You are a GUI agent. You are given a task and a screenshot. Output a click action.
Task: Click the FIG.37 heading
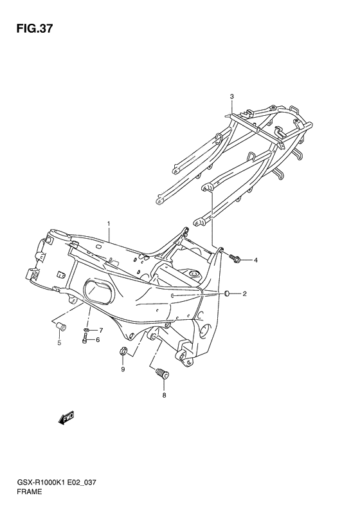pos(34,29)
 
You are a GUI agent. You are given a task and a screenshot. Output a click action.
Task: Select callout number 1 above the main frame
pos(109,224)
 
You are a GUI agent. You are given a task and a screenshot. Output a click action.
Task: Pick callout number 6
pos(101,331)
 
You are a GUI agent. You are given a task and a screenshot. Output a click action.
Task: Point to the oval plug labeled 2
pos(227,294)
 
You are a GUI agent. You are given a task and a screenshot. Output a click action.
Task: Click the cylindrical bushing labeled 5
pos(61,326)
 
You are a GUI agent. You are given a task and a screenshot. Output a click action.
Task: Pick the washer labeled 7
pos(86,330)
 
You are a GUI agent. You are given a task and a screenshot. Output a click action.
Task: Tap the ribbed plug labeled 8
pos(163,374)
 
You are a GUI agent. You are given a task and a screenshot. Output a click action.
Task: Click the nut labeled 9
pos(123,351)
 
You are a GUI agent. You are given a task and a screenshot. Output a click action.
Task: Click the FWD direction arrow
pos(66,419)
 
